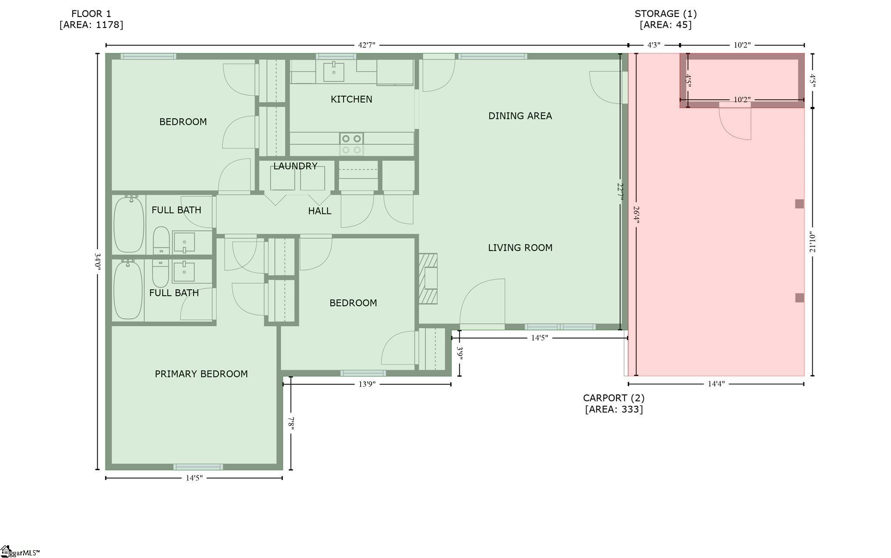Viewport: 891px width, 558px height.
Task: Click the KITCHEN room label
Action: click(351, 99)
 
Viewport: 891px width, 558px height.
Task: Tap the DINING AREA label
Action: click(520, 116)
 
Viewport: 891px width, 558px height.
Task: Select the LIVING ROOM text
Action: click(520, 247)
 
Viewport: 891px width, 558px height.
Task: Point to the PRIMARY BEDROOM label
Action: click(201, 374)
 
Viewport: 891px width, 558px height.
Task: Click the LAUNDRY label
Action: click(295, 166)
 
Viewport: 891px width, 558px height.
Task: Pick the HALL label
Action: click(320, 211)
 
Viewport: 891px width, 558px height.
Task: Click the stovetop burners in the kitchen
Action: click(352, 144)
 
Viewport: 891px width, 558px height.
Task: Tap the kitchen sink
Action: click(334, 72)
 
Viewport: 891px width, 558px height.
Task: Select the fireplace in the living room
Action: click(428, 279)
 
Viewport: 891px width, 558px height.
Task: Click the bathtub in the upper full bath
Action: click(129, 224)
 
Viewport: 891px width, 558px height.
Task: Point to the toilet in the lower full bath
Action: click(160, 274)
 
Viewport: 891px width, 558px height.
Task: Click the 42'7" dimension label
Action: click(366, 45)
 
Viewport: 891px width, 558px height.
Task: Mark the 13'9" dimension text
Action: click(366, 384)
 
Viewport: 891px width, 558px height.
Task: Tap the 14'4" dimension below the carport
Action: click(716, 384)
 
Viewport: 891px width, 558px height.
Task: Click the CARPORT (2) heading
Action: click(613, 398)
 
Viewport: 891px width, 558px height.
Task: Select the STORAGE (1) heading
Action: click(666, 13)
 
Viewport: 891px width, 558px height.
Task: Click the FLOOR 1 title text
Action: click(91, 13)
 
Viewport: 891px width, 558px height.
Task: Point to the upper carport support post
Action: click(799, 204)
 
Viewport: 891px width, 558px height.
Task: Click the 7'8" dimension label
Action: click(291, 424)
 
